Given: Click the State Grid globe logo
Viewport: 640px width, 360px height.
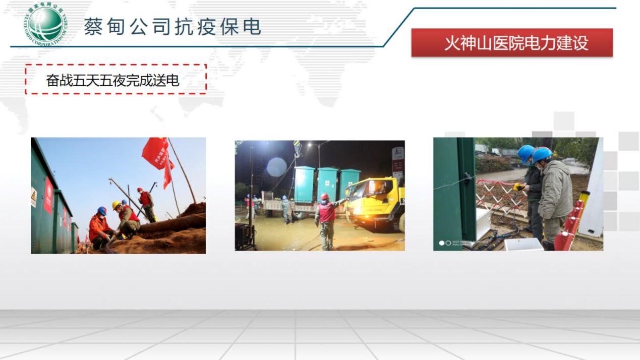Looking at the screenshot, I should point(46,24).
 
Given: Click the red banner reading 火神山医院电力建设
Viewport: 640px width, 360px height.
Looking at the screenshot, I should point(512,43).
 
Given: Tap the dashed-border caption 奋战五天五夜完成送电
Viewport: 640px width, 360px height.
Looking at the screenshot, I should point(115,80).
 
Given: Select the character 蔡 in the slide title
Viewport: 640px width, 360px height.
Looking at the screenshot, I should point(94,26).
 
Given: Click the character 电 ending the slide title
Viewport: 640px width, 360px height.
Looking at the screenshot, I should point(252,26).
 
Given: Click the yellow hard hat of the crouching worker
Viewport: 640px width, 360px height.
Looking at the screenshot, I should point(117,205).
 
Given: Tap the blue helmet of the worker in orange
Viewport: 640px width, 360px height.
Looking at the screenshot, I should point(102,210).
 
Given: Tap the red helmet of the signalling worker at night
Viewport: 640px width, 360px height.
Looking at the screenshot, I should point(325,197).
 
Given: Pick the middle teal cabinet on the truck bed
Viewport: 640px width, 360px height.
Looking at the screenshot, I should point(328,184).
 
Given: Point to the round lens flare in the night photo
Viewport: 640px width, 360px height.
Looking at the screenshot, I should point(276,167).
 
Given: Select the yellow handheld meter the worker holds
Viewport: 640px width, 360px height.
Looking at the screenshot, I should point(518,188).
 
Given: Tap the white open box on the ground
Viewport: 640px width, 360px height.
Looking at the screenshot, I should point(523,244).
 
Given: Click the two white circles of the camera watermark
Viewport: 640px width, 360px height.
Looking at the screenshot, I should point(445,243).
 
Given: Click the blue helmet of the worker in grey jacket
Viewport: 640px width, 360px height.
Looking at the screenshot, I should point(542,154).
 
